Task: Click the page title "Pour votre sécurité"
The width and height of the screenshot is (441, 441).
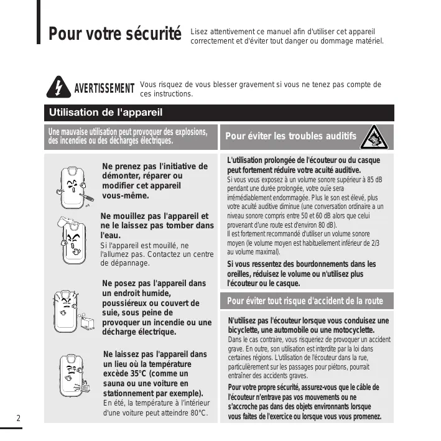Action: [x=115, y=33]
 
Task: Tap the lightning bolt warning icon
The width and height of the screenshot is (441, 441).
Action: [x=58, y=88]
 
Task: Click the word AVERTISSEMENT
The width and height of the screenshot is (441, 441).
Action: [x=104, y=88]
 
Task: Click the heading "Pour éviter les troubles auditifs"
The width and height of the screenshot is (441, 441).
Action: [x=290, y=136]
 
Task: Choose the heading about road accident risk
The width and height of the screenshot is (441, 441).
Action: [x=305, y=301]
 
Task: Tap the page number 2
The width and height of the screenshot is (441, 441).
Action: [x=19, y=417]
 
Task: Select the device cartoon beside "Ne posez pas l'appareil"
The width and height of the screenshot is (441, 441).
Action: [x=70, y=309]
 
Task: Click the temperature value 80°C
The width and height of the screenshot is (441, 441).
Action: [x=196, y=413]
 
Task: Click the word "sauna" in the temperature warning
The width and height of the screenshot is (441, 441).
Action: [x=115, y=384]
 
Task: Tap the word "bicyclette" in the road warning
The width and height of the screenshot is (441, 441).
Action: [x=247, y=330]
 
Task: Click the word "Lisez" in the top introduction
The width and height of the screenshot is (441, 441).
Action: [x=200, y=31]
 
